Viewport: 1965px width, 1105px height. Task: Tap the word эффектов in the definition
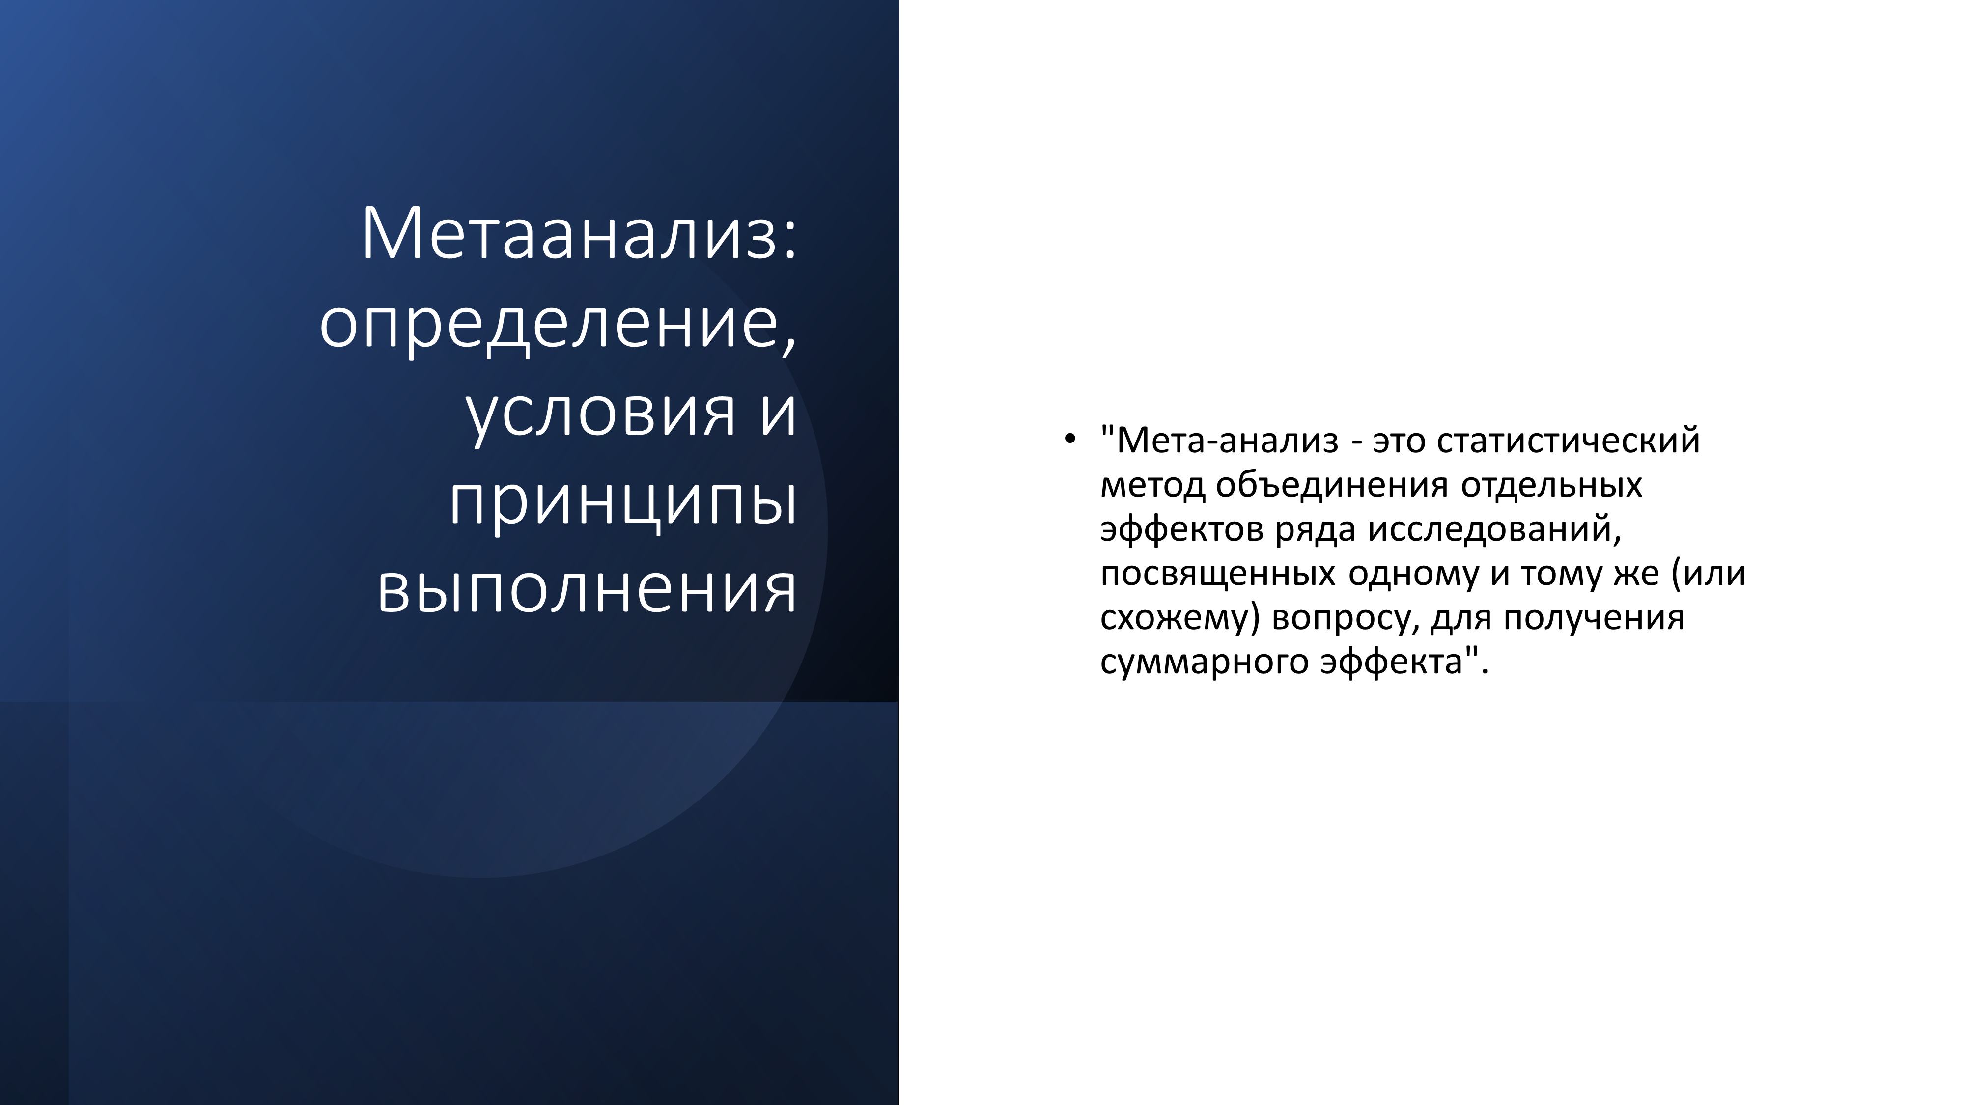pos(1181,528)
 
